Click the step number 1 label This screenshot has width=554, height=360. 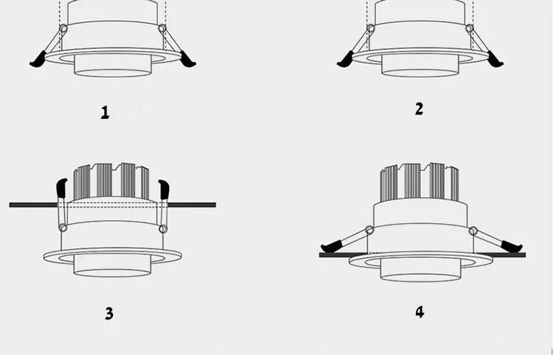click(105, 112)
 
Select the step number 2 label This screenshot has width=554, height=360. click(419, 109)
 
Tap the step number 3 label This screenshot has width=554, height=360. click(109, 313)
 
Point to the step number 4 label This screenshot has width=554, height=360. click(420, 311)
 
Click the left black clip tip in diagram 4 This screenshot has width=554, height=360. click(329, 245)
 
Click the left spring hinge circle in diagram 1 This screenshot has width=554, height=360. click(64, 30)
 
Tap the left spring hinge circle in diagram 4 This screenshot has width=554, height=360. click(369, 229)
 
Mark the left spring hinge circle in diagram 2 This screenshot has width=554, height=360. click(371, 30)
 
